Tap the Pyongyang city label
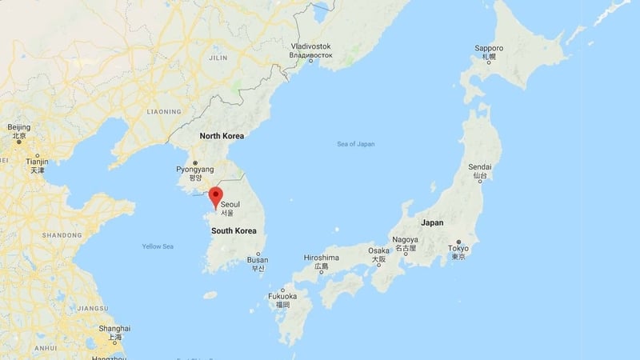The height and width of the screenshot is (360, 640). coord(194,170)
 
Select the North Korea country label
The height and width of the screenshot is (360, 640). coord(222,136)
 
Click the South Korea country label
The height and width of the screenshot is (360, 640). coord(234,230)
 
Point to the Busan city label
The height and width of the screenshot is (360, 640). coord(258,260)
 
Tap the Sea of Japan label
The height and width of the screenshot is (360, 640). coord(356,144)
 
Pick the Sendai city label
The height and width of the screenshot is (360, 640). coord(479,166)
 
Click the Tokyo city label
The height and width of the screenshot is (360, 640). coord(458,249)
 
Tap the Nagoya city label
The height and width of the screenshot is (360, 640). coord(406,240)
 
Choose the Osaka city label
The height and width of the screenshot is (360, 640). coord(378,250)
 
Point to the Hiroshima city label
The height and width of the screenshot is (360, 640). coord(322,258)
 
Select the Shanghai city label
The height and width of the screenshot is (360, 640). coord(115,329)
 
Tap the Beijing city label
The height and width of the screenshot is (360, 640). coord(18,127)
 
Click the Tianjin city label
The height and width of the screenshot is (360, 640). coord(37,162)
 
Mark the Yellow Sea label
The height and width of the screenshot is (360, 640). coord(158,246)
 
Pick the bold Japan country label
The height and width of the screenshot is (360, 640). coord(432,222)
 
